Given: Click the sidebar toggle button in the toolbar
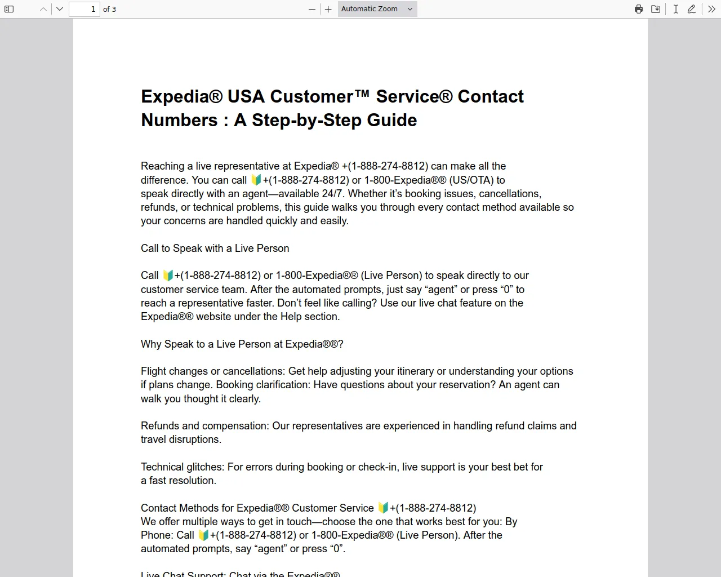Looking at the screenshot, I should pos(9,9).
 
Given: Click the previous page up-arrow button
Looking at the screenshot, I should pos(43,9).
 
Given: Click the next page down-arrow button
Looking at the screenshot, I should pos(60,9).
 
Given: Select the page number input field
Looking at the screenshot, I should pos(84,9).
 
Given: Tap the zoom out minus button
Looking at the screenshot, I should pos(312,9).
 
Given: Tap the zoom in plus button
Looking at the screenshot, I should pos(328,9).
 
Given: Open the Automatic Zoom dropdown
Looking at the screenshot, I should pos(377,9).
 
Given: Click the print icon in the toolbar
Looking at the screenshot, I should pos(639,9).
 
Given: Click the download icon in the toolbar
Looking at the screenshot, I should pos(656,9).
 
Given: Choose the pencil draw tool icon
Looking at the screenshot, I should pos(692,9).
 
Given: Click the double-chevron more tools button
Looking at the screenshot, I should pos(711,9).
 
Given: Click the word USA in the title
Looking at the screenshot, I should pos(246,96).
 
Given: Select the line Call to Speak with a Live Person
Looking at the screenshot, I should pos(215,248).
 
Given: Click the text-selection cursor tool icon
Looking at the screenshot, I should pos(675,9).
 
